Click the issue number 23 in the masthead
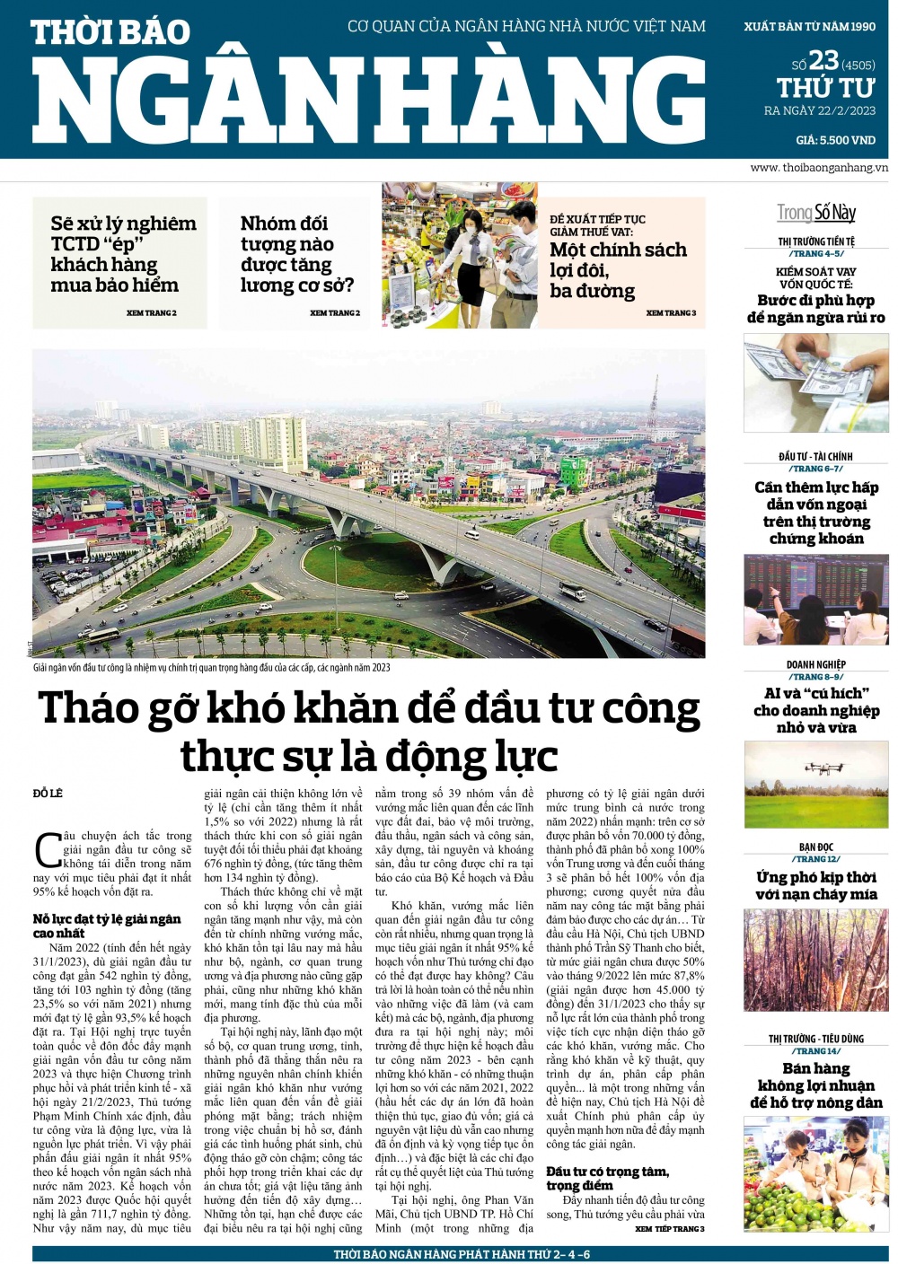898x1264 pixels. pyautogui.click(x=823, y=61)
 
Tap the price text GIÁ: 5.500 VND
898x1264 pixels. pyautogui.click(x=835, y=140)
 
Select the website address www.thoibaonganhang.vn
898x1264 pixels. pyautogui.click(x=818, y=168)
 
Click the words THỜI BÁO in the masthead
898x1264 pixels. pyautogui.click(x=110, y=33)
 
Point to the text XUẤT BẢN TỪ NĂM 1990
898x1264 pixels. pyautogui.click(x=809, y=27)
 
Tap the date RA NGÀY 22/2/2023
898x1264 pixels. pyautogui.click(x=819, y=111)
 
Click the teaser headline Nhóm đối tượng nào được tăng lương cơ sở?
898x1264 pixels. pyautogui.click(x=296, y=254)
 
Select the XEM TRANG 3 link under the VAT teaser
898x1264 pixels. pyautogui.click(x=671, y=313)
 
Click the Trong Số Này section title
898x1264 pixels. pyautogui.click(x=815, y=213)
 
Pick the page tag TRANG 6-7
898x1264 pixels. pyautogui.click(x=816, y=469)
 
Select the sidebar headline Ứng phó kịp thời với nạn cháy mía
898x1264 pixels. pyautogui.click(x=815, y=885)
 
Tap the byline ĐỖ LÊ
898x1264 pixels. pyautogui.click(x=48, y=794)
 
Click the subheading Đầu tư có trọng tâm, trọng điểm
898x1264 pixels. pyautogui.click(x=607, y=1178)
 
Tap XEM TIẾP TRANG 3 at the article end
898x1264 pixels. pyautogui.click(x=669, y=1229)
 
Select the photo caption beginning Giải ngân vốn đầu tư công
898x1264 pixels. pyautogui.click(x=212, y=668)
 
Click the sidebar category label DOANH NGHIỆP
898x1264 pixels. pyautogui.click(x=815, y=664)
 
